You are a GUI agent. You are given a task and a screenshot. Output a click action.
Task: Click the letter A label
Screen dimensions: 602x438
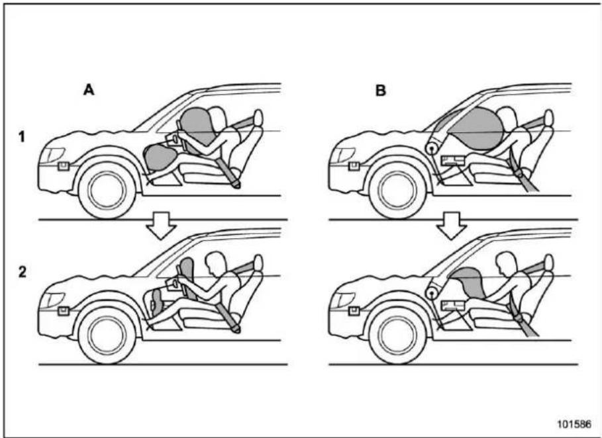pyautogui.click(x=89, y=90)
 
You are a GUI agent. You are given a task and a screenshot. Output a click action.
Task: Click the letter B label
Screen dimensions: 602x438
pyautogui.click(x=381, y=91)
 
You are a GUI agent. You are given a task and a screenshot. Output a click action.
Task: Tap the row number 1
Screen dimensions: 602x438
pyautogui.click(x=23, y=136)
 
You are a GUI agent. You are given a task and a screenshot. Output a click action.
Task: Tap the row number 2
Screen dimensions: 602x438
pyautogui.click(x=23, y=272)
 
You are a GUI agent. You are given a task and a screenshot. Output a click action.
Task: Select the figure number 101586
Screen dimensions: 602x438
pyautogui.click(x=574, y=424)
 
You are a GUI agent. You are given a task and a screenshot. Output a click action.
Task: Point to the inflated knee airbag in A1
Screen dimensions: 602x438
pyautogui.click(x=160, y=158)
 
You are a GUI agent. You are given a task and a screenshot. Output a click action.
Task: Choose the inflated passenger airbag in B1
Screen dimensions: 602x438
pyautogui.click(x=476, y=129)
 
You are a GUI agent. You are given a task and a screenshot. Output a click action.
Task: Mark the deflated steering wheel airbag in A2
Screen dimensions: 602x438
pyautogui.click(x=187, y=271)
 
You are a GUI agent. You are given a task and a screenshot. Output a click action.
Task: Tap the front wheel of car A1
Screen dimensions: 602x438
pyautogui.click(x=107, y=191)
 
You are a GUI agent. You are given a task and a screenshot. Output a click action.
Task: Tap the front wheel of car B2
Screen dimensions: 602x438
pyautogui.click(x=397, y=335)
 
